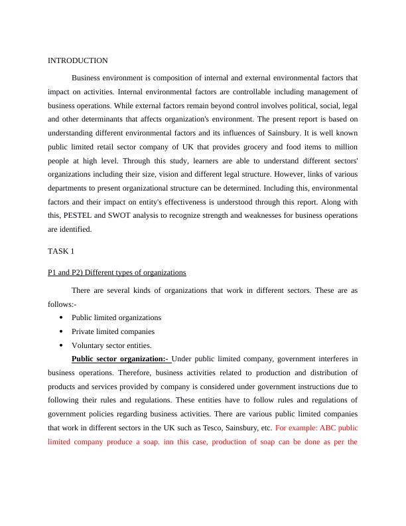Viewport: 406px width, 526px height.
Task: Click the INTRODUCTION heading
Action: pos(78,60)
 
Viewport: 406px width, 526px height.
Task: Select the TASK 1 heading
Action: pos(61,251)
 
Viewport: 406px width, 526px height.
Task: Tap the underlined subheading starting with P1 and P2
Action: pos(117,272)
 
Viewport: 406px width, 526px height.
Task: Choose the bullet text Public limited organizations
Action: pos(116,317)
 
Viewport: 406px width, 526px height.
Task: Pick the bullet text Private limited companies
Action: pos(113,331)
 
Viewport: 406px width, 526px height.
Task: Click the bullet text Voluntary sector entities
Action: pos(111,345)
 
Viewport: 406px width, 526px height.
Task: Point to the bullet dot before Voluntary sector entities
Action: pos(61,345)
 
